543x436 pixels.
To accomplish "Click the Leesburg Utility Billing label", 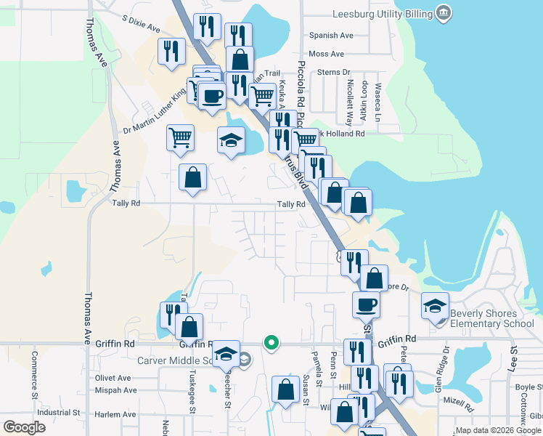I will click(x=381, y=14).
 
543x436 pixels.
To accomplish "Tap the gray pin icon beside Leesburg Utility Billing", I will click(x=444, y=13).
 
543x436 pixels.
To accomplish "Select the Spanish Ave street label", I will click(x=330, y=35).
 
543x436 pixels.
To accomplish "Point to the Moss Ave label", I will click(x=326, y=54).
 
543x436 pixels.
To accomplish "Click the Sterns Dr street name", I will click(x=334, y=73).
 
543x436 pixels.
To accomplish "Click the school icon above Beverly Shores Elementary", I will click(x=435, y=304).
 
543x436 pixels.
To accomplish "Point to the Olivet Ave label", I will click(x=113, y=378).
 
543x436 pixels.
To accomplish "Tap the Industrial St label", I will click(x=58, y=412).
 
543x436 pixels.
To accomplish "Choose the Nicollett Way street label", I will click(x=349, y=103).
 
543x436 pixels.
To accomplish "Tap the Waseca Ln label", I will click(x=377, y=102).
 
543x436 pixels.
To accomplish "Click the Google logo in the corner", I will click(x=24, y=427).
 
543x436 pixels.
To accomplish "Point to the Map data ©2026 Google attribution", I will click(x=498, y=430).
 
